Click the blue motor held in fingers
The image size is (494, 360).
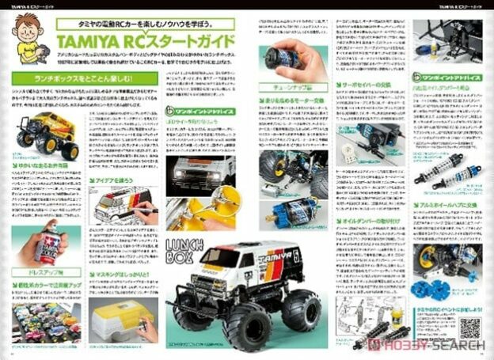tap(282, 57)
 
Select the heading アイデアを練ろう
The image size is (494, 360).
tap(120, 180)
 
